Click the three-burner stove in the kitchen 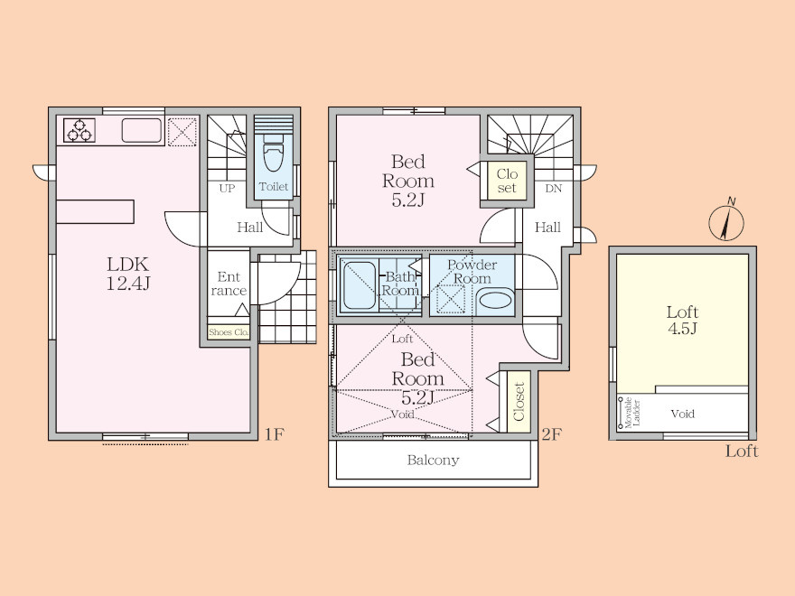79,130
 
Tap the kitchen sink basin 142,130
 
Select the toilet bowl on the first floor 273,153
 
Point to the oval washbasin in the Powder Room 496,299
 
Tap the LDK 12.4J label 127,273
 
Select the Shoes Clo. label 229,332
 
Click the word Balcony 433,461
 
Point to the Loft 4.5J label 682,320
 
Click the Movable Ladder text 632,412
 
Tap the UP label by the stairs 227,189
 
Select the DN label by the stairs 554,189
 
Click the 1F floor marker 275,434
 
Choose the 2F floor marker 551,434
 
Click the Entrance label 229,284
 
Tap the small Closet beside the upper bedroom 507,181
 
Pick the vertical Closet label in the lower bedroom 519,402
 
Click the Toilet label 273,187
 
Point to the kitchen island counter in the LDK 96,211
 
